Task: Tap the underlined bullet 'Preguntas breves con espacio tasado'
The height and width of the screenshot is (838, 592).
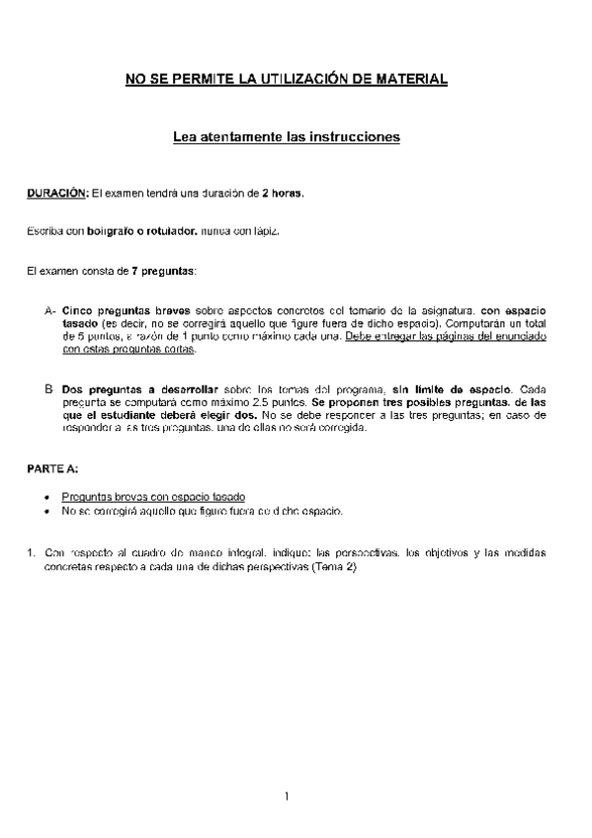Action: tap(153, 495)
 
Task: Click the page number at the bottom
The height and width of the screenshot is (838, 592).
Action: tap(286, 796)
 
